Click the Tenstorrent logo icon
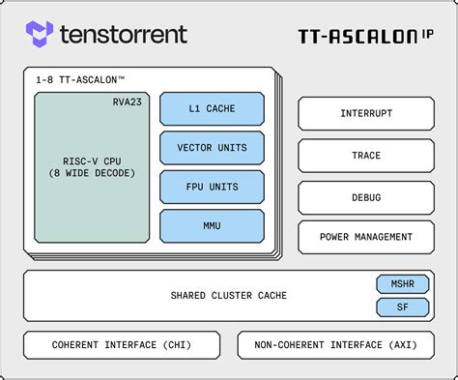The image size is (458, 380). pyautogui.click(x=40, y=35)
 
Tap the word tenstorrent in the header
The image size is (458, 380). pyautogui.click(x=123, y=35)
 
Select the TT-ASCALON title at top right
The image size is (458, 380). pyautogui.click(x=357, y=37)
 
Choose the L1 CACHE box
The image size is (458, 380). pyautogui.click(x=212, y=108)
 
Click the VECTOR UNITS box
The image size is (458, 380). pyautogui.click(x=212, y=148)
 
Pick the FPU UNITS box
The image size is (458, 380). pyautogui.click(x=212, y=187)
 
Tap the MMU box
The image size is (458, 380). pyautogui.click(x=212, y=226)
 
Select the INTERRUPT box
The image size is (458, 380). pyautogui.click(x=366, y=113)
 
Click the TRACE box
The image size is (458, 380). pyautogui.click(x=366, y=155)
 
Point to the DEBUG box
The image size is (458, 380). pyautogui.click(x=366, y=197)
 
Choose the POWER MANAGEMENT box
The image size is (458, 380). pyautogui.click(x=366, y=237)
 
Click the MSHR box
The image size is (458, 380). pyautogui.click(x=401, y=284)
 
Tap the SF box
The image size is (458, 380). pyautogui.click(x=401, y=307)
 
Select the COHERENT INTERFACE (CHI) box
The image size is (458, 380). pyautogui.click(x=122, y=345)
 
